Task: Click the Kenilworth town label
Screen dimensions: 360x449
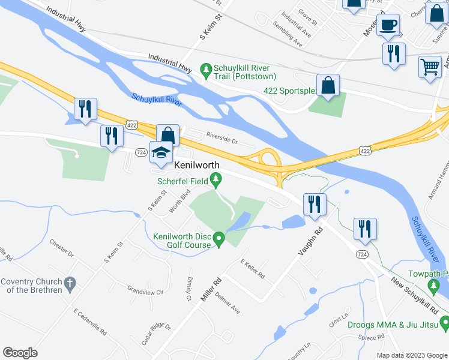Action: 196,164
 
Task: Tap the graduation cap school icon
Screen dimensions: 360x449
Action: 161,154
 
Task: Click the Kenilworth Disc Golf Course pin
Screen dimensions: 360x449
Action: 219,240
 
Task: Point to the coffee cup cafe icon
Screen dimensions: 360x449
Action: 388,25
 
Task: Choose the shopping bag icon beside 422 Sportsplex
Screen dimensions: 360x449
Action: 328,86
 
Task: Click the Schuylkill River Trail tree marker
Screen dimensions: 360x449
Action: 206,70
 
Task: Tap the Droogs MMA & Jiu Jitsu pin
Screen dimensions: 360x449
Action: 444,325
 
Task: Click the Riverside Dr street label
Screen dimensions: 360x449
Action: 222,137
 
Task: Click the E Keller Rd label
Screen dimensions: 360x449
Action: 252,269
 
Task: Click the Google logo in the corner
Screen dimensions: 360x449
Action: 20,353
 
